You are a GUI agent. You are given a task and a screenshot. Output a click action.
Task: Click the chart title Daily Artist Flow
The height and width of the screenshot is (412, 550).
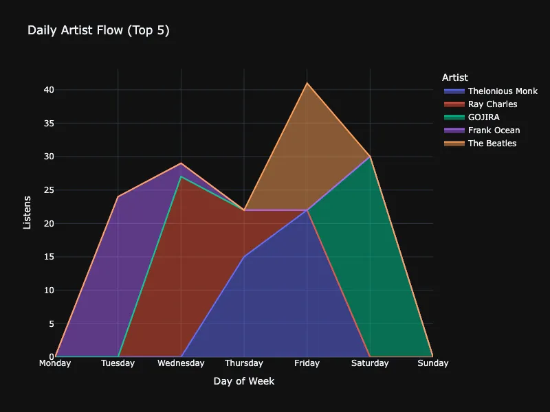point(98,30)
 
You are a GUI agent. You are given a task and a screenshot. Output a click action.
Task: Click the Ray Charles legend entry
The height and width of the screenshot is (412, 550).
point(492,104)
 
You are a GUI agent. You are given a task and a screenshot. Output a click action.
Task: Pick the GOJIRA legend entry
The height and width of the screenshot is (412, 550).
point(483,117)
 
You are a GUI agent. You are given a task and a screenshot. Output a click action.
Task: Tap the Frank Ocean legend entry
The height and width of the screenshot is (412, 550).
point(494,130)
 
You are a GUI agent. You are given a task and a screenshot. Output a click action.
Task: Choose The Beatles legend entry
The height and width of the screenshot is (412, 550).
point(492,144)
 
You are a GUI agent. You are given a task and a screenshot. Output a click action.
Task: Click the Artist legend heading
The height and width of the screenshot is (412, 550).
point(455,78)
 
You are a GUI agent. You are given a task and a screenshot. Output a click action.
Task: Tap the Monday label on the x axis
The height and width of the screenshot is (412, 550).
point(55,363)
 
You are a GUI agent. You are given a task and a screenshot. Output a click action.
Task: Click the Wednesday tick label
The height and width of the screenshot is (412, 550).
point(181,363)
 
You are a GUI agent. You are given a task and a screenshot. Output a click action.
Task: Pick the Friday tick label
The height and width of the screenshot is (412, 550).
point(307,363)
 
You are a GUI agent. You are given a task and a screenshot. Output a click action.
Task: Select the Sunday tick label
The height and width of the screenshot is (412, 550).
point(432,363)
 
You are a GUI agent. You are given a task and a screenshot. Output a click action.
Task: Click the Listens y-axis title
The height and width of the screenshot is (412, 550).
point(27,212)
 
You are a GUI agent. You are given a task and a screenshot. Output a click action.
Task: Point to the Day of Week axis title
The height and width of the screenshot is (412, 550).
point(243,381)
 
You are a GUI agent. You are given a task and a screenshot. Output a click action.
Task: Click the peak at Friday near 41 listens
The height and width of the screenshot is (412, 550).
point(307,83)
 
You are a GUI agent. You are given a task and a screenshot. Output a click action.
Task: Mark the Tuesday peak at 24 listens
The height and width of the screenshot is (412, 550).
point(118,197)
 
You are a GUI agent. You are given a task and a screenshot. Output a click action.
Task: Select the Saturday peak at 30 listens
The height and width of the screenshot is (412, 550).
point(370,157)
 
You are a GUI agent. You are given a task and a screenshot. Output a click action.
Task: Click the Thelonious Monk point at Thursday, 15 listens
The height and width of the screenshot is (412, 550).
point(244,257)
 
